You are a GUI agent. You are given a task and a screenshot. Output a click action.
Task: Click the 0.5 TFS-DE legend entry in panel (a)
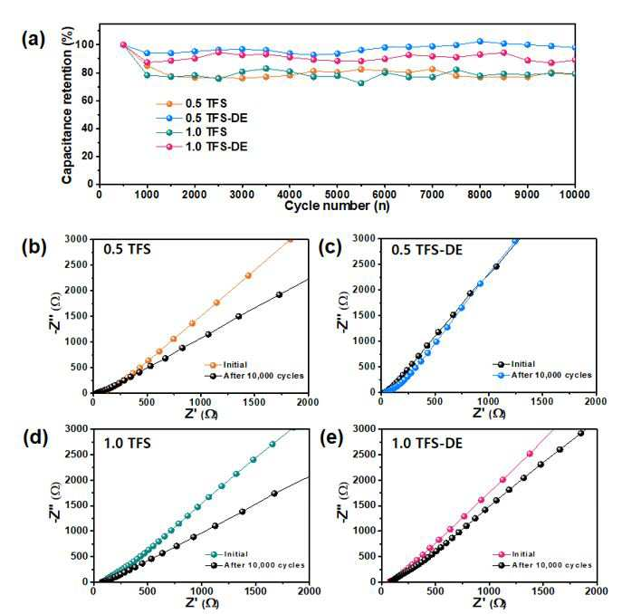pyautogui.click(x=202, y=118)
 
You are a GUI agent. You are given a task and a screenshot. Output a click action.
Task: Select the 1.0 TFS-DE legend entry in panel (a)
pyautogui.click(x=202, y=147)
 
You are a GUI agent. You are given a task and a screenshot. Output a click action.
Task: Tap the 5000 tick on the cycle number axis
pyautogui.click(x=337, y=195)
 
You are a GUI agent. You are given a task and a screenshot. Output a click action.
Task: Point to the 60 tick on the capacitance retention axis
pyautogui.click(x=87, y=101)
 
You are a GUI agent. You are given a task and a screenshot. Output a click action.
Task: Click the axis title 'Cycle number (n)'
pyautogui.click(x=337, y=206)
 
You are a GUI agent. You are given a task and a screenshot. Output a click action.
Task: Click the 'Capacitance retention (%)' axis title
pyautogui.click(x=67, y=105)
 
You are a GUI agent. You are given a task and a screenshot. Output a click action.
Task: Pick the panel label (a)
pyautogui.click(x=33, y=40)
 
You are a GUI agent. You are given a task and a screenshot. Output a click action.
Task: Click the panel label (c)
pyautogui.click(x=330, y=247)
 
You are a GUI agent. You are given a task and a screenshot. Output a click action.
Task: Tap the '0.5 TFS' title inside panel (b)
pyautogui.click(x=127, y=249)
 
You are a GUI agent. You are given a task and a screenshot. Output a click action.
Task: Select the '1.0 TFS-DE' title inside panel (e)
pyautogui.click(x=427, y=443)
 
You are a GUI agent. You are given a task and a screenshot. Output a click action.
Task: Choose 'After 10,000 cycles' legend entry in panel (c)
pyautogui.click(x=541, y=375)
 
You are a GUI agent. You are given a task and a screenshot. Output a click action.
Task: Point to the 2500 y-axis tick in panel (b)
pyautogui.click(x=77, y=264)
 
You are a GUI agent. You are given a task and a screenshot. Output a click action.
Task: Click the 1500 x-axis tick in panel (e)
pyautogui.click(x=542, y=591)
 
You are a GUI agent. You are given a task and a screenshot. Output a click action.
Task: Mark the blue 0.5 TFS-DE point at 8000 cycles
pyautogui.click(x=480, y=42)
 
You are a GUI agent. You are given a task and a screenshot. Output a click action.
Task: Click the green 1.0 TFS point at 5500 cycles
pyautogui.click(x=360, y=83)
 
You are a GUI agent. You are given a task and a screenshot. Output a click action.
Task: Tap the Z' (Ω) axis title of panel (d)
pyautogui.click(x=202, y=603)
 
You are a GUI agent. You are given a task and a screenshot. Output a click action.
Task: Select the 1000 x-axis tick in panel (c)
pyautogui.click(x=488, y=401)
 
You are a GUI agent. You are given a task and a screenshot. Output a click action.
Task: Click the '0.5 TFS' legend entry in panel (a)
pyautogui.click(x=192, y=103)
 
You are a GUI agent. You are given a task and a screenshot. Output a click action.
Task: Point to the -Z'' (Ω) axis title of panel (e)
pyautogui.click(x=343, y=502)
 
